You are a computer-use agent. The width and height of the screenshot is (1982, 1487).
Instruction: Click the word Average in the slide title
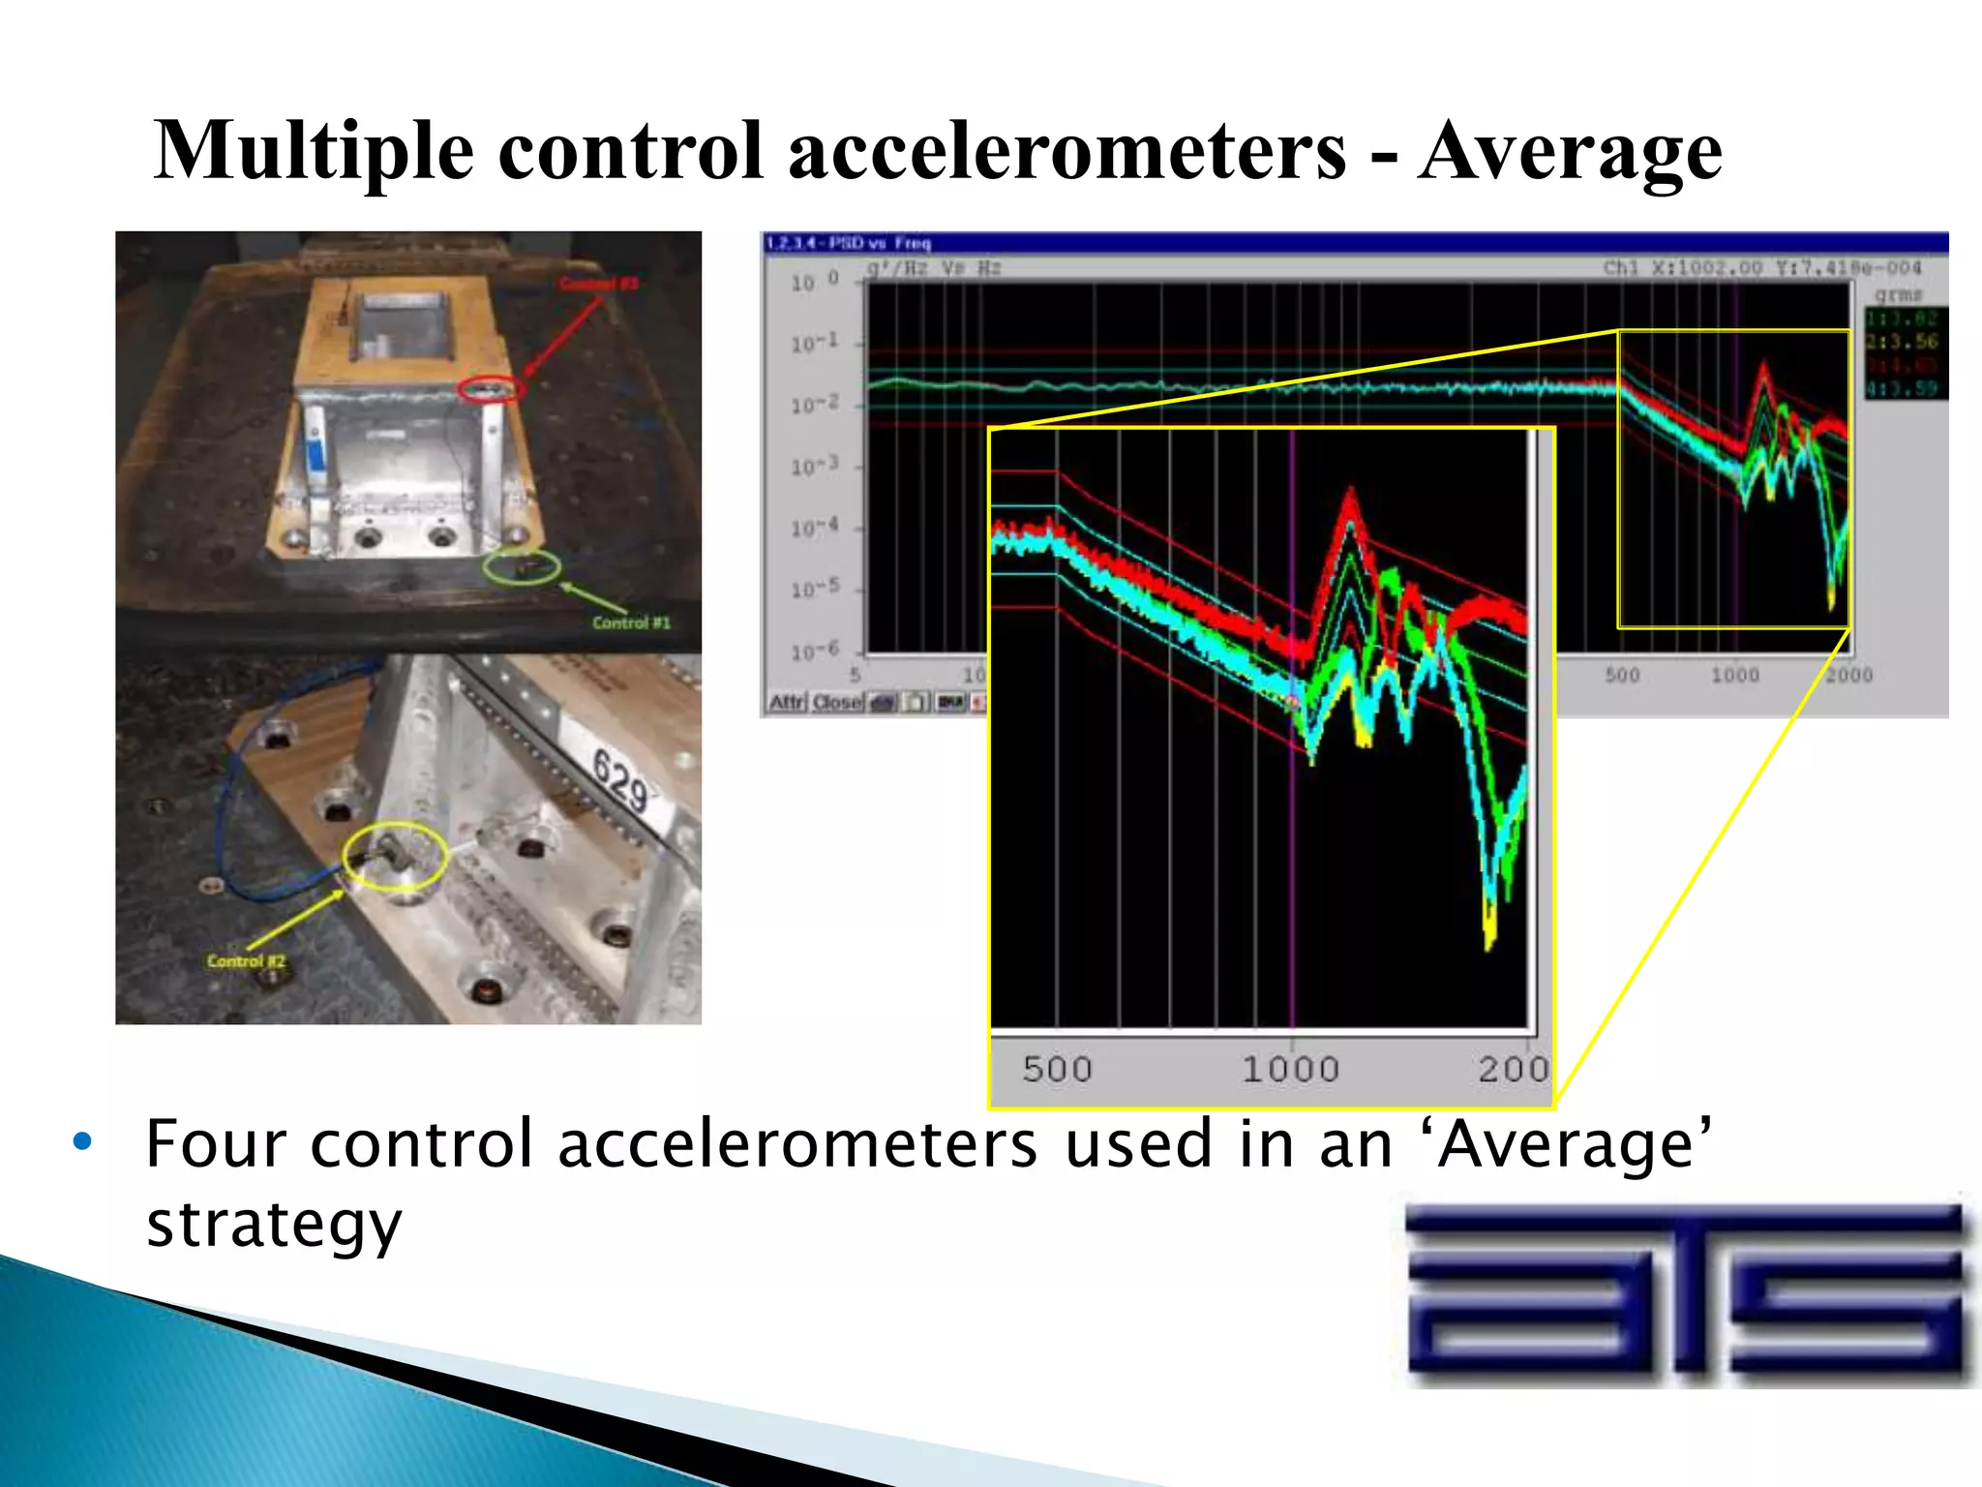tap(1570, 152)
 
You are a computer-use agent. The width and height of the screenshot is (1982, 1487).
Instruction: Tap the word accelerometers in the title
tap(1066, 152)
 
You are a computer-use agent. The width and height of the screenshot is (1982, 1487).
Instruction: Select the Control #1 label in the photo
tap(631, 622)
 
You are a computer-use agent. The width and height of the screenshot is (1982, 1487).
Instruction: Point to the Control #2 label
tap(246, 961)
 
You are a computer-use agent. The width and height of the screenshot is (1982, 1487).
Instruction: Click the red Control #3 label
tap(599, 284)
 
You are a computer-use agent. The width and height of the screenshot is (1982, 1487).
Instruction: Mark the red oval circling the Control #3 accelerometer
tap(491, 389)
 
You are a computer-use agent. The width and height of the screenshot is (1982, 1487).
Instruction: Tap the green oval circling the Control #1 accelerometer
tap(522, 566)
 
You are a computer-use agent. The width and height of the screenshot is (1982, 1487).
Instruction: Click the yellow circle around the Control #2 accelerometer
tap(395, 857)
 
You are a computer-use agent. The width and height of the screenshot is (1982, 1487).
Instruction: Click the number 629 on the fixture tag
tap(619, 781)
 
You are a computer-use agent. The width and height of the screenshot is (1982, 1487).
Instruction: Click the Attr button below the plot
tap(787, 702)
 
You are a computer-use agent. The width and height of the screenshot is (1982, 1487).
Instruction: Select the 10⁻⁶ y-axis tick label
tap(814, 652)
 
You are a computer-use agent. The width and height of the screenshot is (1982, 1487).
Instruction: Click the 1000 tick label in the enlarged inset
tap(1290, 1070)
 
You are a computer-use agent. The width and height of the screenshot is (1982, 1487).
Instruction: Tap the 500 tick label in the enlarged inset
tap(1057, 1070)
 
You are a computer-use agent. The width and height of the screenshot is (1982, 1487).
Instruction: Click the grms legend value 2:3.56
tap(1902, 342)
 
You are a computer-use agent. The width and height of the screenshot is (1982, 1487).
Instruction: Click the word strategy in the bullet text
tap(274, 1224)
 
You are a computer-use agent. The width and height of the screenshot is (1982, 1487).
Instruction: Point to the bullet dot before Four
tap(83, 1141)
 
